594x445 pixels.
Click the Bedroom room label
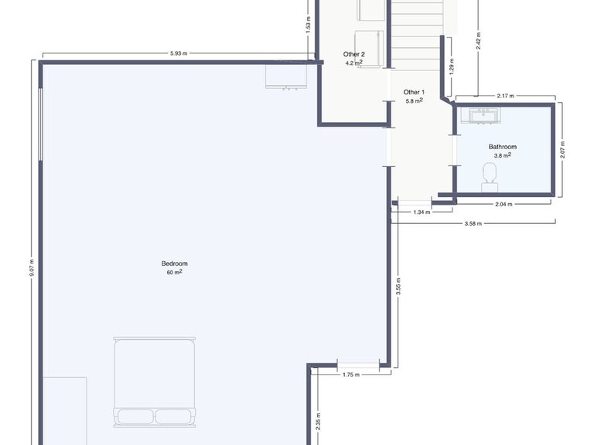click(174, 263)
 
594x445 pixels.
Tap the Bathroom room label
click(502, 147)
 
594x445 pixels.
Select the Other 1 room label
click(414, 93)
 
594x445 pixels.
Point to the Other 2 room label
click(353, 55)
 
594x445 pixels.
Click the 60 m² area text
click(174, 272)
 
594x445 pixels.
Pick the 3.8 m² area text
click(502, 155)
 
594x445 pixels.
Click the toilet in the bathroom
click(490, 177)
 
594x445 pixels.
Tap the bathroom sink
click(481, 116)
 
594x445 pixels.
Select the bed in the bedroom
click(155, 382)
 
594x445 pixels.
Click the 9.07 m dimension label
click(32, 267)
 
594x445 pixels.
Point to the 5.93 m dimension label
click(179, 53)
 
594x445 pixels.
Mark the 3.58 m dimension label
click(473, 223)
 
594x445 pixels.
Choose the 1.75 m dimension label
click(351, 375)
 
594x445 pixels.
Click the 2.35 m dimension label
click(318, 421)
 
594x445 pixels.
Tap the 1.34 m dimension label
click(422, 212)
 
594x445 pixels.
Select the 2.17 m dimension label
click(505, 96)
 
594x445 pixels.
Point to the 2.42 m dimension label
click(479, 41)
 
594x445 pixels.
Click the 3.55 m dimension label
click(398, 287)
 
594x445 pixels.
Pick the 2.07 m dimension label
click(562, 150)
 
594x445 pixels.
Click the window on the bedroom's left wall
click(40, 124)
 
